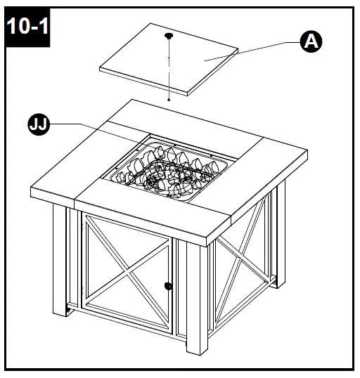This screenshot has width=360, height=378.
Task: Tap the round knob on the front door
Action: (168, 286)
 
